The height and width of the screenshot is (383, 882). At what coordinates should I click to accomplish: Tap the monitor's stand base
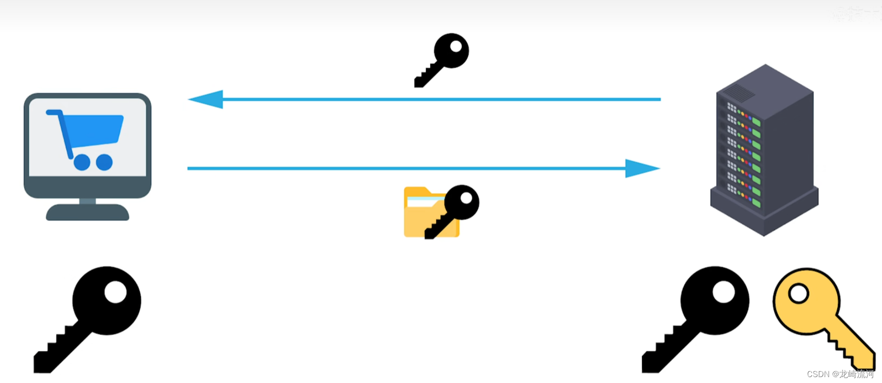87,213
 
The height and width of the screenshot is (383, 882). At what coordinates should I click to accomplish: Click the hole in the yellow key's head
799,294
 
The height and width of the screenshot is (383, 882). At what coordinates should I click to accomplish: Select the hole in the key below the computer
115,292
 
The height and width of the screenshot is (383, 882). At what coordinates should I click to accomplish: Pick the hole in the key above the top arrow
456,47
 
